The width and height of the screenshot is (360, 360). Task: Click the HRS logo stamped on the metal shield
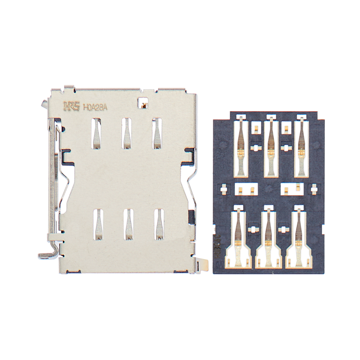click(71, 107)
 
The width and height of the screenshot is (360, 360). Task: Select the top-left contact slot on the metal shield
click(96, 133)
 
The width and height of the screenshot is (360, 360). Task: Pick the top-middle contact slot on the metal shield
click(127, 133)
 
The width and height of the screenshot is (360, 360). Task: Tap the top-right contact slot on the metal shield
click(157, 133)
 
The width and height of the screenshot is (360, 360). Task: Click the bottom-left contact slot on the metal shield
click(98, 224)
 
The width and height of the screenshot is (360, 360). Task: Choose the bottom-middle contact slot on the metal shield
click(129, 224)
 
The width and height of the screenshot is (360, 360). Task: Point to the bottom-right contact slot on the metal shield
click(159, 224)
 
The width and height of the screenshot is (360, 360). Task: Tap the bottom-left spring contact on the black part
click(238, 238)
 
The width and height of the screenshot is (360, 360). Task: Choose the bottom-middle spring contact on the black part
click(269, 238)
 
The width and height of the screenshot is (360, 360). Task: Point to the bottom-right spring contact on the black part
click(299, 238)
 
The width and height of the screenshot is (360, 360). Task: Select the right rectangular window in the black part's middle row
click(292, 189)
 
